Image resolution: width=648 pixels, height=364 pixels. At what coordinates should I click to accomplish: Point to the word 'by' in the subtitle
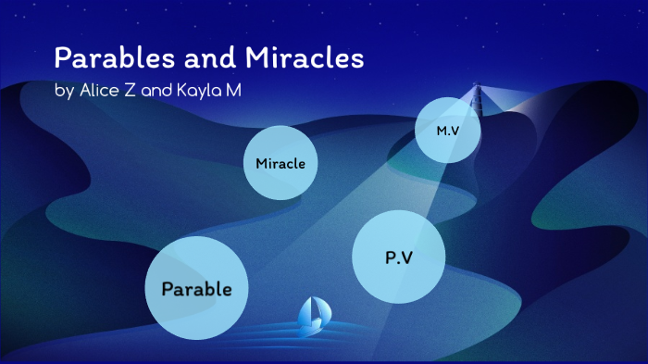64,91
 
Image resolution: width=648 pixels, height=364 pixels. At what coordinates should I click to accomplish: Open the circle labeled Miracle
280,163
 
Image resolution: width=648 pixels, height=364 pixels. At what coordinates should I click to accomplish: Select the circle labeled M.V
449,131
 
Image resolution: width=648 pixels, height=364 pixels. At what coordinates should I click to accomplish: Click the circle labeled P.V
399,257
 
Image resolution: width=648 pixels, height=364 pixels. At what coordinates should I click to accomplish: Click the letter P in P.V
391,257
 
